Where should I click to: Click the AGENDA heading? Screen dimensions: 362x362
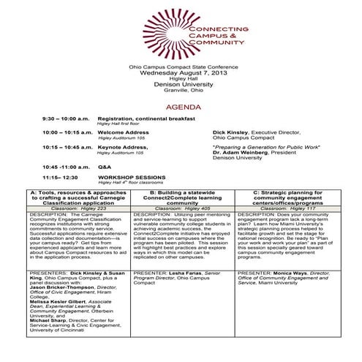tap(181, 107)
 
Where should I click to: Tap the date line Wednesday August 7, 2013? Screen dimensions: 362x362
tap(180, 75)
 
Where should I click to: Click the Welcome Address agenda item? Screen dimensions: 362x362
tap(123, 132)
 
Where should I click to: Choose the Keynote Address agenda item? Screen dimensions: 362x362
tap(123, 147)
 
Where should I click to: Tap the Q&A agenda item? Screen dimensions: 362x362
tap(105, 167)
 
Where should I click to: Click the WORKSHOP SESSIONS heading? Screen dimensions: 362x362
tap(132, 177)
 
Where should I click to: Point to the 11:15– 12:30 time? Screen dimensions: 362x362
tap(60, 177)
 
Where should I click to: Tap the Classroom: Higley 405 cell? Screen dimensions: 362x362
tap(182, 208)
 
